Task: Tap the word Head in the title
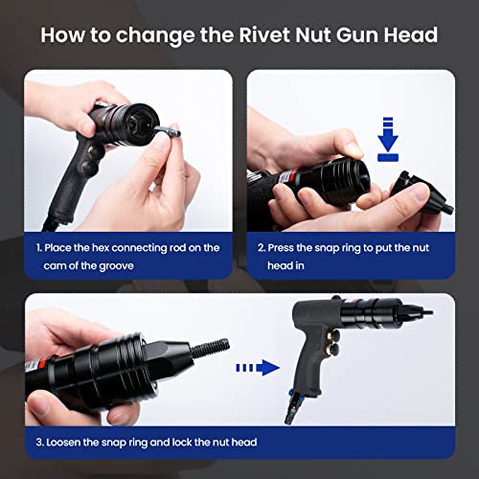[x=411, y=36]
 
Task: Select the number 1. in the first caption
[x=41, y=248]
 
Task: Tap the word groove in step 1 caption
[x=119, y=265]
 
